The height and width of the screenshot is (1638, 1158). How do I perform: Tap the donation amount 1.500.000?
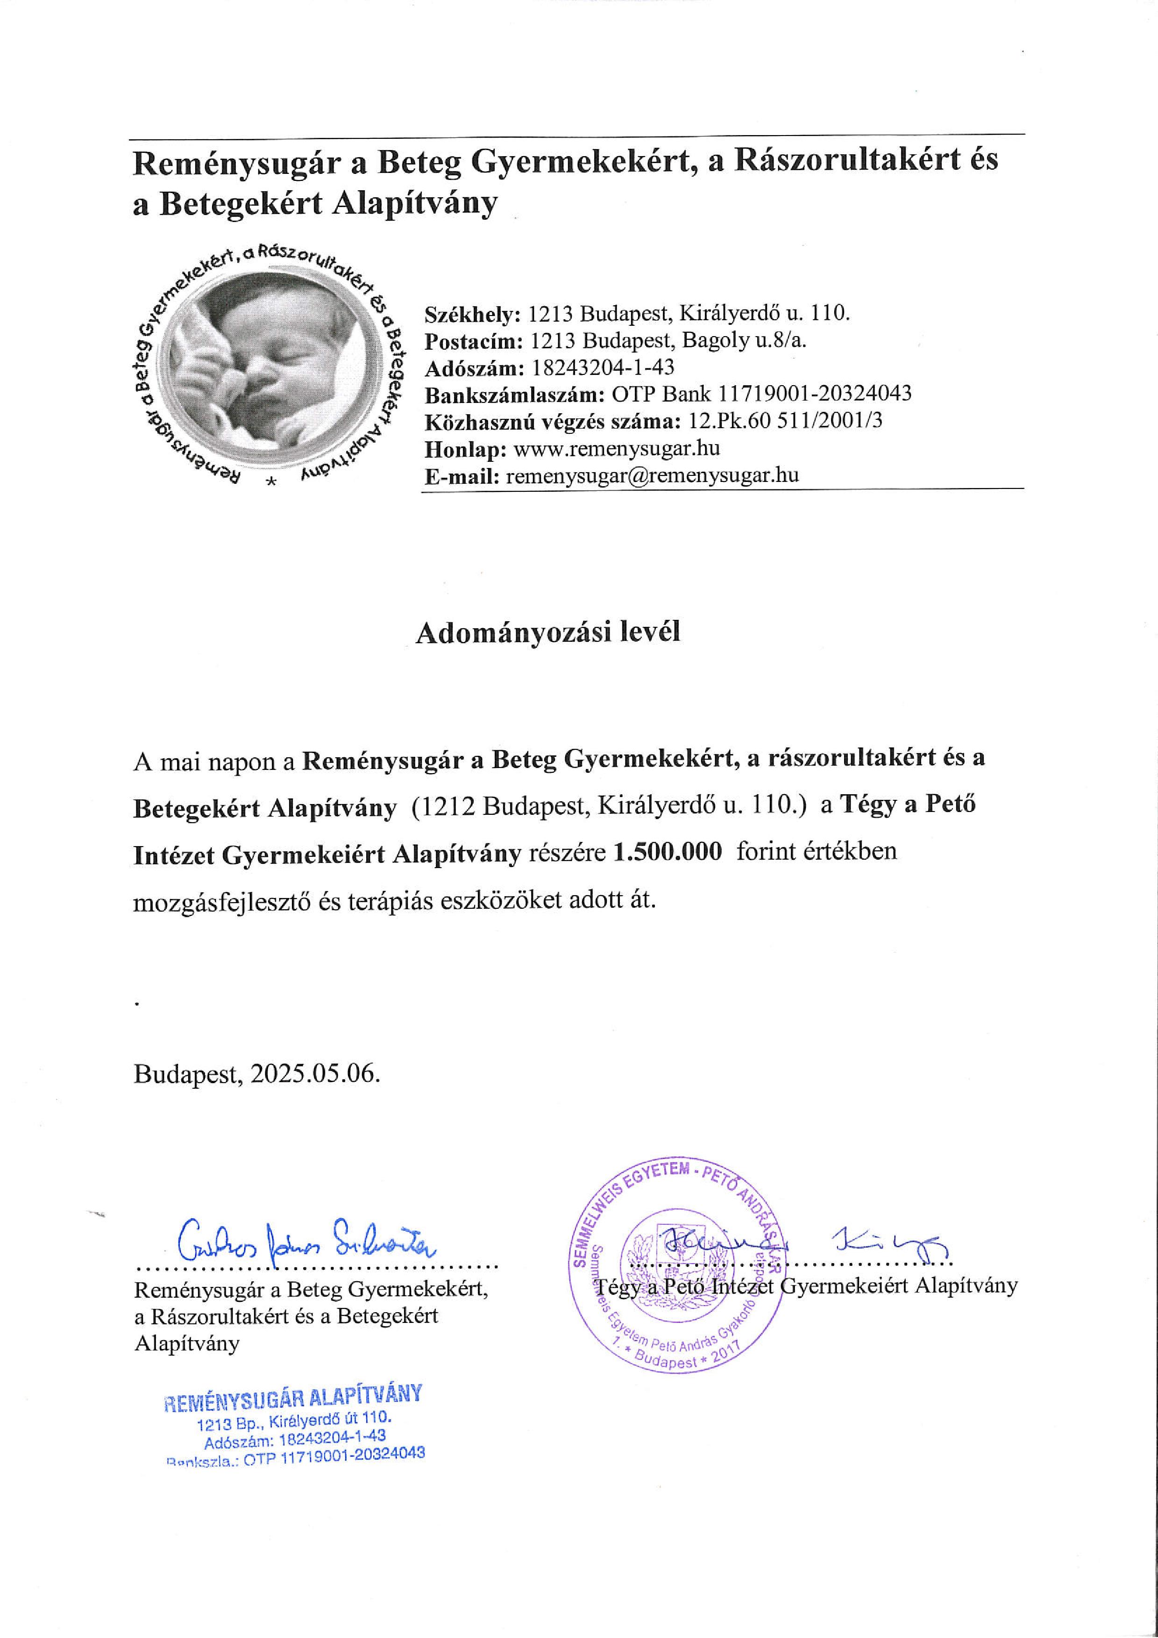pos(668,852)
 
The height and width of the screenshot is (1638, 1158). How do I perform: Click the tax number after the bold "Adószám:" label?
pos(603,367)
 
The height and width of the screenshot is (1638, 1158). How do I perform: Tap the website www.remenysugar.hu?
pos(616,449)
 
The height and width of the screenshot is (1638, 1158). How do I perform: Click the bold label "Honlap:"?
pos(466,449)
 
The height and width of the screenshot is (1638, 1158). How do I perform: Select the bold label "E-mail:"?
pos(462,476)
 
